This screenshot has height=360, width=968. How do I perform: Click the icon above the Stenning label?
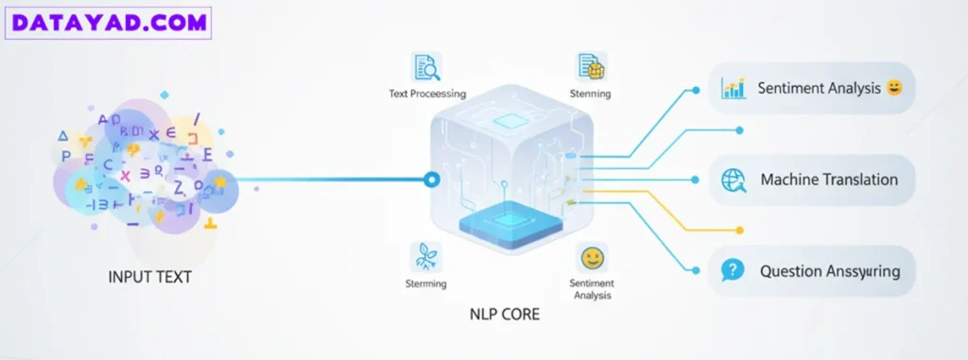pyautogui.click(x=590, y=66)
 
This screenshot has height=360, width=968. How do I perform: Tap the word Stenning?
pyautogui.click(x=591, y=94)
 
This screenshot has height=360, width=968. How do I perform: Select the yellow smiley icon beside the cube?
pyautogui.click(x=592, y=256)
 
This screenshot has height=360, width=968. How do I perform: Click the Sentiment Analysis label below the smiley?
pyautogui.click(x=592, y=289)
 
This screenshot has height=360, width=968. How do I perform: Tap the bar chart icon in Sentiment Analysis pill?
pyautogui.click(x=733, y=88)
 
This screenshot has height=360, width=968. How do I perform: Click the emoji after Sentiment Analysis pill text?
pyautogui.click(x=892, y=88)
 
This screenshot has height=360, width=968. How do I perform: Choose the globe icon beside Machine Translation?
pyautogui.click(x=734, y=180)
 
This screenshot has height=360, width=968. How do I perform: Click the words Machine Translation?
pyautogui.click(x=829, y=180)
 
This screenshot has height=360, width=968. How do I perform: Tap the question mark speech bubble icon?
pyautogui.click(x=733, y=271)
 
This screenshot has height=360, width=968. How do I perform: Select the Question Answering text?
pyautogui.click(x=830, y=271)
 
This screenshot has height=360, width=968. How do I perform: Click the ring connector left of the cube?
pyautogui.click(x=432, y=179)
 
